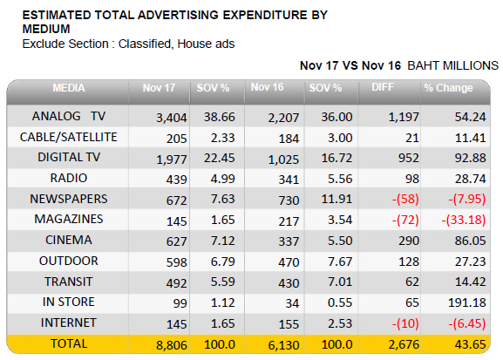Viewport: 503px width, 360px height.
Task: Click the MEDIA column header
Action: coord(69,87)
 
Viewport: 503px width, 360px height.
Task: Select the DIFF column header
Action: coord(383,87)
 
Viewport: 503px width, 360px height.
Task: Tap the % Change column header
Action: coord(448,87)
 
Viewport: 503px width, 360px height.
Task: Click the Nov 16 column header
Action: coord(267,87)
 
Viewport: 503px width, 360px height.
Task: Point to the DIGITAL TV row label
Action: coord(69,157)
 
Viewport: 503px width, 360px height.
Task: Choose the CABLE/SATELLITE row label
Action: coord(68,137)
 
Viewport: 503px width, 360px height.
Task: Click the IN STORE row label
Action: coord(69,302)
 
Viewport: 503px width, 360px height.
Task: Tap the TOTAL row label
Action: coord(69,343)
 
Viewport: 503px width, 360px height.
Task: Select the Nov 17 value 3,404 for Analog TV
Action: coord(172,118)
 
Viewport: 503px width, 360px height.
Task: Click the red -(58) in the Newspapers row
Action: coord(405,200)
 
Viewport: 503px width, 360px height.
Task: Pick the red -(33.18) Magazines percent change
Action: coord(464,221)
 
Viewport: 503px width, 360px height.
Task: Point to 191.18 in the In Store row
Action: coord(466,302)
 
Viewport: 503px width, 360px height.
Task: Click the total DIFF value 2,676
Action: coord(404,344)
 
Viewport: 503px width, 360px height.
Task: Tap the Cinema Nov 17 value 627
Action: coord(176,241)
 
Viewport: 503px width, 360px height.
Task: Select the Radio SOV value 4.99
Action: coord(222,179)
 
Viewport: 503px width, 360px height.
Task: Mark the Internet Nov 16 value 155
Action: coord(289,324)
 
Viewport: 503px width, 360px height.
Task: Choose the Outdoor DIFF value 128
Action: coord(409,262)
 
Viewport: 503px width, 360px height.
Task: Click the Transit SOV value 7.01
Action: coord(340,282)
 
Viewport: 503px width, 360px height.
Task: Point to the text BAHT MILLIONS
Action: coord(452,65)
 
